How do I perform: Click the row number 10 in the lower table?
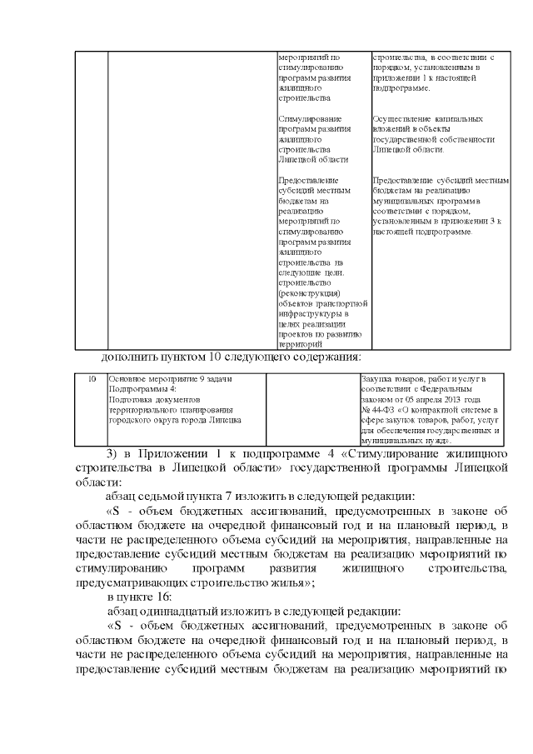click(92, 380)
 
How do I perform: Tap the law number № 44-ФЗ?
click(377, 410)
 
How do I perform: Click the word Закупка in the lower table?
click(376, 379)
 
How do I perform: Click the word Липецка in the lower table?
click(225, 421)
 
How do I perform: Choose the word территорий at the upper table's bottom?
click(301, 344)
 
